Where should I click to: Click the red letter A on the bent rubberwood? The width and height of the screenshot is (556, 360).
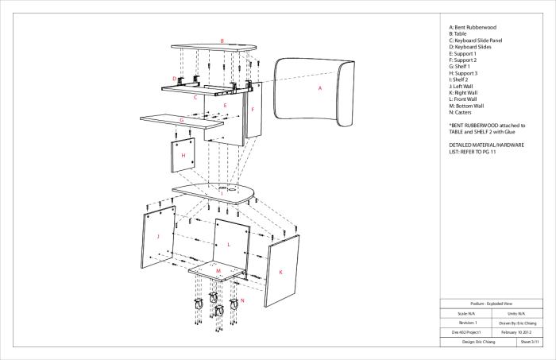(x=320, y=89)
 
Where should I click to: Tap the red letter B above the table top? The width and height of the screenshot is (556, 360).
(x=222, y=41)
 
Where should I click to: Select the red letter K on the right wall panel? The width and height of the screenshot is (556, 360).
(x=280, y=272)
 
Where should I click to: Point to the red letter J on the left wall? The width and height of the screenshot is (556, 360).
(x=159, y=236)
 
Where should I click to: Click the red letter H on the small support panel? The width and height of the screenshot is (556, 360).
(x=183, y=156)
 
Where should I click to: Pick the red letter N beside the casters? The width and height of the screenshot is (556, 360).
(x=242, y=301)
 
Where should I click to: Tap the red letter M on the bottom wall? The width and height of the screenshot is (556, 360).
(x=218, y=271)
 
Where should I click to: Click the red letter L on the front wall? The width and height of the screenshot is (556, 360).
(x=229, y=245)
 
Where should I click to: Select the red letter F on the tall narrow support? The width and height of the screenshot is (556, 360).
(x=252, y=109)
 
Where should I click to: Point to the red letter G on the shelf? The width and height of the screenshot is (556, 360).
(x=182, y=121)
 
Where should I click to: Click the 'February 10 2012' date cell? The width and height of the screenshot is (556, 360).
(x=514, y=332)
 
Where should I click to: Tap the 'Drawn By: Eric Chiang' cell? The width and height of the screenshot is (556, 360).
(x=514, y=323)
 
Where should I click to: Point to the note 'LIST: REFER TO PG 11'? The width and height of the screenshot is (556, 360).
(x=479, y=151)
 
